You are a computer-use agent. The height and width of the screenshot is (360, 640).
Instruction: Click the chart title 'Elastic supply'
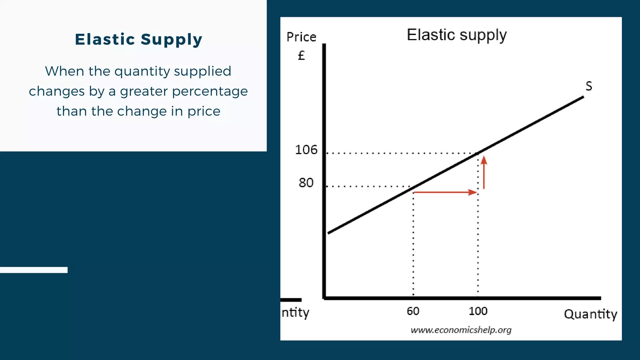[457, 35]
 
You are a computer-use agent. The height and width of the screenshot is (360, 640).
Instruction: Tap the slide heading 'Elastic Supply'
[139, 39]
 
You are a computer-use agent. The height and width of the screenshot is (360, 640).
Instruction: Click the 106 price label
[306, 150]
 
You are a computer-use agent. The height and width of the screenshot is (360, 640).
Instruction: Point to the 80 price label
[306, 183]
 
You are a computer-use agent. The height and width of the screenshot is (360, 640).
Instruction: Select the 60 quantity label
[413, 311]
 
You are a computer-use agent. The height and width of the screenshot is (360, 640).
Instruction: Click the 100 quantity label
[478, 311]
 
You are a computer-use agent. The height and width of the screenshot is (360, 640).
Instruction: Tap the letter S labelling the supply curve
[589, 86]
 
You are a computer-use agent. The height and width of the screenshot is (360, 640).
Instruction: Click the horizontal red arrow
[445, 192]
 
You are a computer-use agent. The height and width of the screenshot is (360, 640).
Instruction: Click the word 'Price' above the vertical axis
[301, 37]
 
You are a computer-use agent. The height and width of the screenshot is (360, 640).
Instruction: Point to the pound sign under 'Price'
[301, 56]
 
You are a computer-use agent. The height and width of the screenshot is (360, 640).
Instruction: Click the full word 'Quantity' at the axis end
[590, 314]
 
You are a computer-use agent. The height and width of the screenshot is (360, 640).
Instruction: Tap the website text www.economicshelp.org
[461, 330]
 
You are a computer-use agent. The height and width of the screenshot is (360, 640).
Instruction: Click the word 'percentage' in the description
[210, 92]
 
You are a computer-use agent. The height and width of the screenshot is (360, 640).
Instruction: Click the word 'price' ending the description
[204, 112]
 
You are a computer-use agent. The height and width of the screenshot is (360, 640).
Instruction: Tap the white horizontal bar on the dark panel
[34, 270]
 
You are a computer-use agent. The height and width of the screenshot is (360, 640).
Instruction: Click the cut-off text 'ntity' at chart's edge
[295, 312]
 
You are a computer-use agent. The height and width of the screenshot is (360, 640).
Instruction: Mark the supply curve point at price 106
[478, 153]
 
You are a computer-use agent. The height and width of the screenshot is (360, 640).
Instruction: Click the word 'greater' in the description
[144, 92]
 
